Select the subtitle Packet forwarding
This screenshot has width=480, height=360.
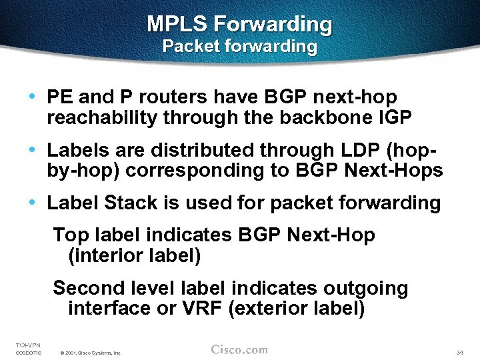(x=239, y=47)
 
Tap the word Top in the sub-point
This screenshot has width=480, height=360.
(x=69, y=235)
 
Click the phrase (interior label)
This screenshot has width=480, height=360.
(x=134, y=255)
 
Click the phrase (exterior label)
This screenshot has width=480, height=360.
(x=296, y=308)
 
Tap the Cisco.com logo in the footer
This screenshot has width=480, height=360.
(x=239, y=349)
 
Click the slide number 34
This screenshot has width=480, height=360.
(x=459, y=352)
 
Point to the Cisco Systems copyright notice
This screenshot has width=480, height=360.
(x=90, y=353)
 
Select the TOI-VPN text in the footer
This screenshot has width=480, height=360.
(x=28, y=345)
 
